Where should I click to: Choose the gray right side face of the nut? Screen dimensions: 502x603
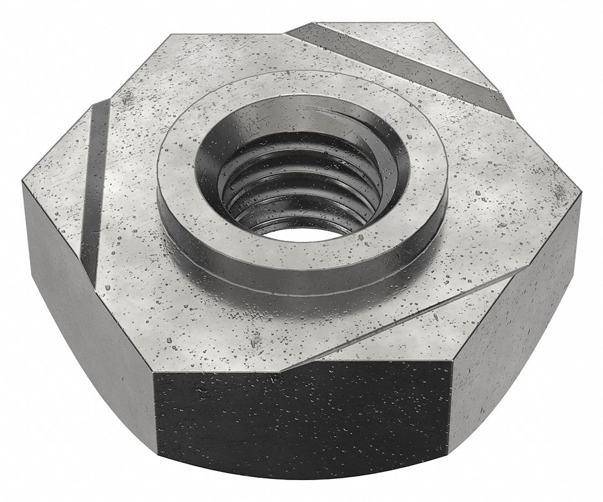[515, 310]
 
